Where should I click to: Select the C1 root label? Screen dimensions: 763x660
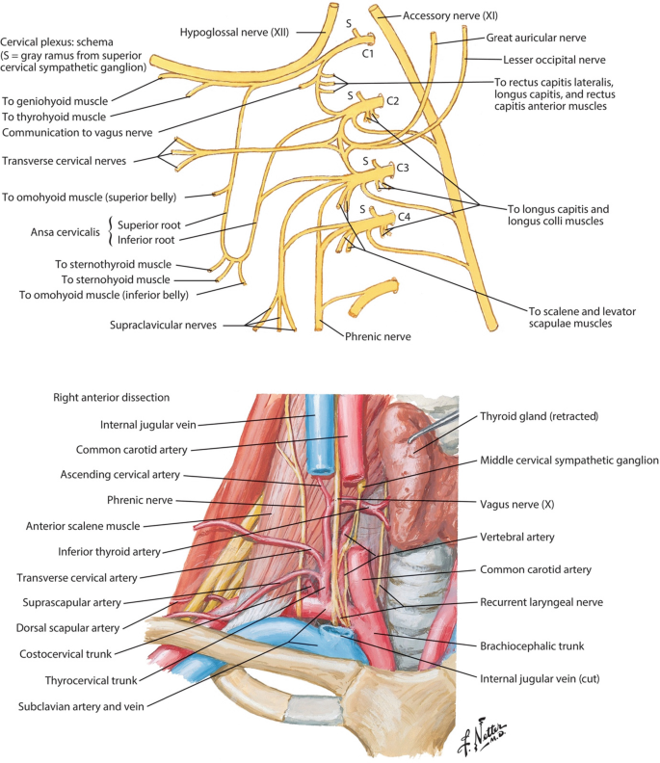tap(367, 54)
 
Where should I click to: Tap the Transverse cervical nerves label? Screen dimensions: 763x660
tap(78, 160)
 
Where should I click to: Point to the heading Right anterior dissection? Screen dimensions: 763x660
tap(113, 397)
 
